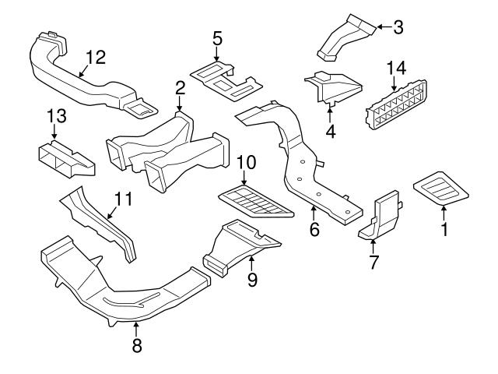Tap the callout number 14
point(396,69)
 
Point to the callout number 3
point(398,28)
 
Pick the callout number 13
point(56,116)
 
